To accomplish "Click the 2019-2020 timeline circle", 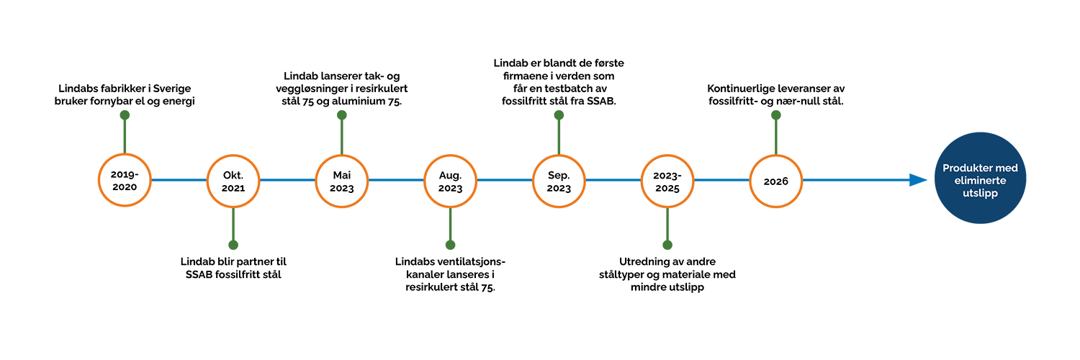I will (x=125, y=180).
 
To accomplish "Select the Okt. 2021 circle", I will (x=233, y=180).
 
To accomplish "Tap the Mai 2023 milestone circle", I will (x=342, y=180).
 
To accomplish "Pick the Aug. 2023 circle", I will (x=450, y=180).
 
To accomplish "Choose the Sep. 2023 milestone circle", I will (x=559, y=180).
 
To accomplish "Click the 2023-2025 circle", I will (x=667, y=180).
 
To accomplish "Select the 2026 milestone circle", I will (x=775, y=180).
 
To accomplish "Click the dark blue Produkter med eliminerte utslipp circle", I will (x=980, y=179).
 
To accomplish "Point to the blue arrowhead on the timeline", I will (x=917, y=180).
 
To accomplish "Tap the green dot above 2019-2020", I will (x=125, y=115).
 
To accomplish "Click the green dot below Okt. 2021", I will (x=233, y=245).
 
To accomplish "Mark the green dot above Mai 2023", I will (x=342, y=115).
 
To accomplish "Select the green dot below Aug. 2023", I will (x=450, y=245).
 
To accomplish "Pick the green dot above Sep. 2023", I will (x=559, y=115).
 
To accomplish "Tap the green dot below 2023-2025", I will (x=667, y=245).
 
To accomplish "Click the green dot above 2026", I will (x=775, y=115).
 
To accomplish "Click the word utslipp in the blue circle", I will (x=980, y=194).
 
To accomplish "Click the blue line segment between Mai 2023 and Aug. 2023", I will (x=396, y=180).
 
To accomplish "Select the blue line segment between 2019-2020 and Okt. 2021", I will (x=179, y=180).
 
